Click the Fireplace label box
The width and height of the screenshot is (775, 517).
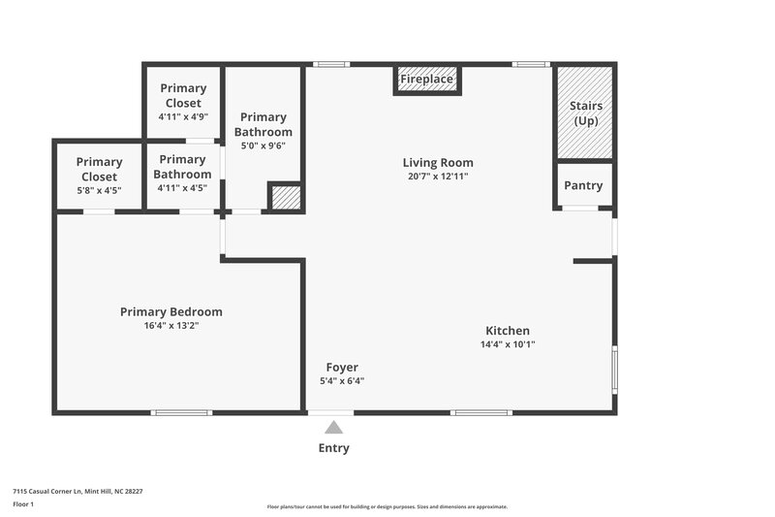pyautogui.click(x=427, y=80)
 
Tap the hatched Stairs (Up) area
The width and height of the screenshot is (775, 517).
pyautogui.click(x=584, y=113)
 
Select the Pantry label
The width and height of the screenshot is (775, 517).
pyautogui.click(x=583, y=185)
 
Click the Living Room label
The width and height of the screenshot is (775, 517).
pyautogui.click(x=438, y=163)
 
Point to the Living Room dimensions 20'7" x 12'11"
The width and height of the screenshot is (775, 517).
pyautogui.click(x=439, y=177)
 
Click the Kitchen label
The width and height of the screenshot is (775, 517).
pyautogui.click(x=508, y=331)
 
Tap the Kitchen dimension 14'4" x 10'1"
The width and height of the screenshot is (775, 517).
pyautogui.click(x=508, y=344)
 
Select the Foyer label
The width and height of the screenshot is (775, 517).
pyautogui.click(x=342, y=368)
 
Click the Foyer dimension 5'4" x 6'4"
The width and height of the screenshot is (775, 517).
pyautogui.click(x=342, y=381)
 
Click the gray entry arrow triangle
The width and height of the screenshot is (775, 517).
pyautogui.click(x=334, y=427)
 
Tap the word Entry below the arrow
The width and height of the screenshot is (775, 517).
pyautogui.click(x=334, y=448)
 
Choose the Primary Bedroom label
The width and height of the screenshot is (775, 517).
pyautogui.click(x=171, y=312)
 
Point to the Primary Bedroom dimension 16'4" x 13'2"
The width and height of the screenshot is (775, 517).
pyautogui.click(x=171, y=326)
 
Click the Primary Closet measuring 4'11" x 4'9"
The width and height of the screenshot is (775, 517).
pyautogui.click(x=183, y=102)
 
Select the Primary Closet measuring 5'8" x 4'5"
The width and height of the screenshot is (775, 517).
pyautogui.click(x=99, y=176)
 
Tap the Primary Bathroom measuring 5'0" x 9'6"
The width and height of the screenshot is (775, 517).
pyautogui.click(x=263, y=131)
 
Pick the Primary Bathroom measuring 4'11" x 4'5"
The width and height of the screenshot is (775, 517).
pyautogui.click(x=182, y=174)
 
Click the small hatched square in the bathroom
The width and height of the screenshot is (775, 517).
pyautogui.click(x=285, y=197)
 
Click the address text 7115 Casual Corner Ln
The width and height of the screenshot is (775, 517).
pyautogui.click(x=78, y=492)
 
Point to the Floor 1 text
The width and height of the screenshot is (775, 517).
pyautogui.click(x=23, y=505)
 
